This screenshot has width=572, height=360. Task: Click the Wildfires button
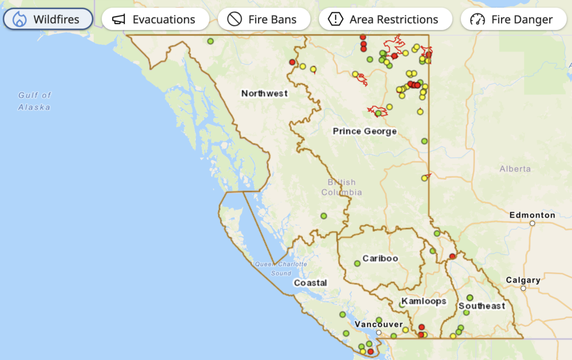48,20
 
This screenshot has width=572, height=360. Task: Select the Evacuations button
155,20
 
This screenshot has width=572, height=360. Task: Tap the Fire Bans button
264,20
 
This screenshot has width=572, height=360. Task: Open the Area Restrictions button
385,20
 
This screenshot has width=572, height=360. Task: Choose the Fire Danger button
511,20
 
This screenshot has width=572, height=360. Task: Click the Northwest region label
265,93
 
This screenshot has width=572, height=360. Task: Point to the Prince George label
365,131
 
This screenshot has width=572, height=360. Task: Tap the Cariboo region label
380,258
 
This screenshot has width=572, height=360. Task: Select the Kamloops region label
424,301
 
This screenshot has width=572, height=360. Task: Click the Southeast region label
482,306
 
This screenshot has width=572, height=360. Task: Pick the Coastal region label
311,283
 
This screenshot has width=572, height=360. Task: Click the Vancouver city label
379,324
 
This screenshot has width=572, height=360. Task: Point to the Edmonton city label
532,215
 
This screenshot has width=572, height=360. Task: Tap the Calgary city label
523,280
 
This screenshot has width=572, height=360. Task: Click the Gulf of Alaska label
34,101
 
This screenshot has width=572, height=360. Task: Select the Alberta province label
515,169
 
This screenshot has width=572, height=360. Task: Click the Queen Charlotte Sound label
281,268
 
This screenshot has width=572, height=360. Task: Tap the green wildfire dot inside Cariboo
357,263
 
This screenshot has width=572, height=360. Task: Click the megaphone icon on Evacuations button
118,20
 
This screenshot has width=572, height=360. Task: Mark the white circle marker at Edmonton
532,223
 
